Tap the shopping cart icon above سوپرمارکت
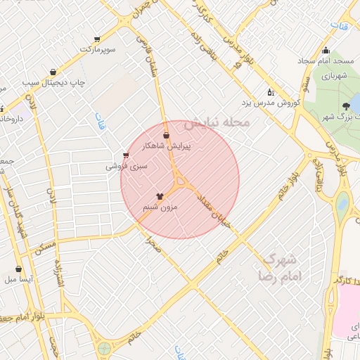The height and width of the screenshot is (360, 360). (97, 39)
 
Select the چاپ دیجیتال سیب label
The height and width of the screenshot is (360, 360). (53, 82)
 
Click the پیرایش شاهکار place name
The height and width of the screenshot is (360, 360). (167, 146)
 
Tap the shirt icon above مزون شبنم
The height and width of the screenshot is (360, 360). (160, 197)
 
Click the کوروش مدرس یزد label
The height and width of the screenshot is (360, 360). (271, 103)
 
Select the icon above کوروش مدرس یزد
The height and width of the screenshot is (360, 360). (270, 92)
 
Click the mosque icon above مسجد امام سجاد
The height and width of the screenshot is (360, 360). (325, 50)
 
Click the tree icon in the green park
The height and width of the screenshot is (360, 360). (345, 106)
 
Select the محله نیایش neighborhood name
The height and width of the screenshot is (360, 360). (217, 122)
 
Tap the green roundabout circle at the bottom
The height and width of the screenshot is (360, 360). (105, 347)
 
